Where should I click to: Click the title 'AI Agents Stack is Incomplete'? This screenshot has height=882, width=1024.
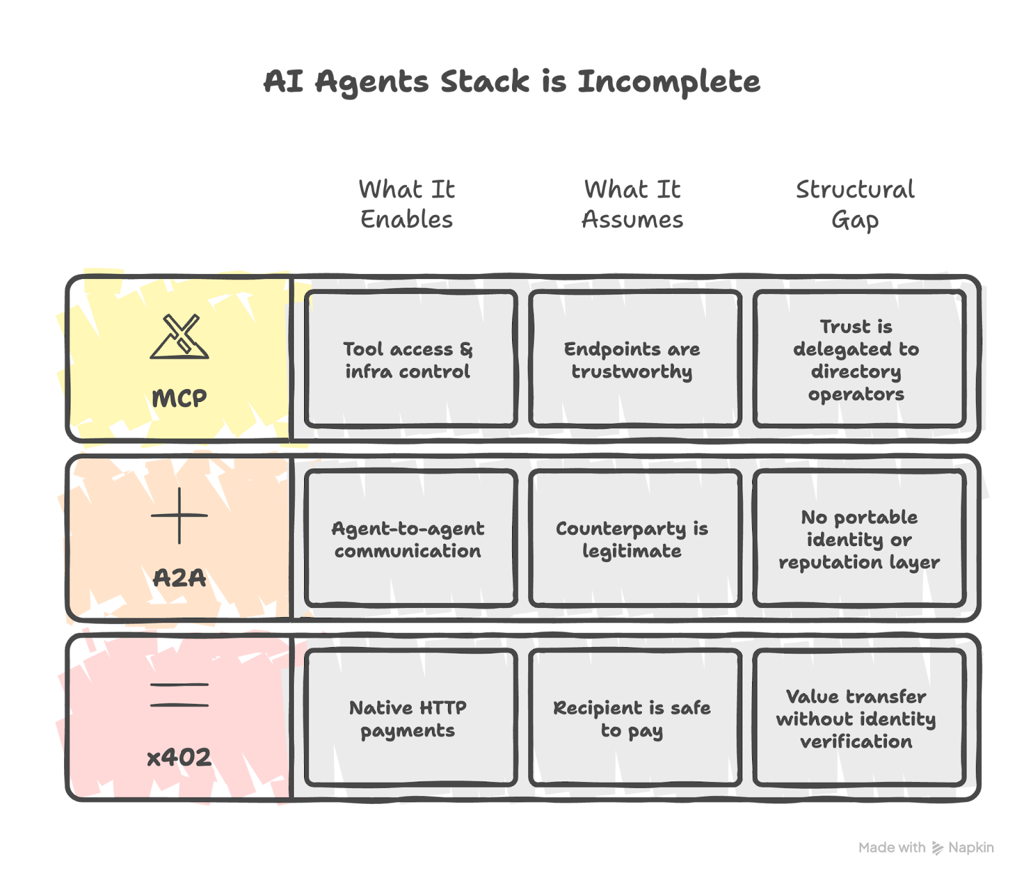tap(512, 82)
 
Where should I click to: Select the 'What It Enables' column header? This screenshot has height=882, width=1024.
tap(407, 204)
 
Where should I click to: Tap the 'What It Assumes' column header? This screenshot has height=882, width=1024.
tap(632, 204)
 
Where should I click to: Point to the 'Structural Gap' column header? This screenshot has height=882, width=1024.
tap(855, 204)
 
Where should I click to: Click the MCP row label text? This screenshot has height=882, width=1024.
tap(179, 398)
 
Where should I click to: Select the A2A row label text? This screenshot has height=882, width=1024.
tap(180, 578)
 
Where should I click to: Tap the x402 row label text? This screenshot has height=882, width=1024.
tap(179, 758)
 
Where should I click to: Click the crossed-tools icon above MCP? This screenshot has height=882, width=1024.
tap(180, 337)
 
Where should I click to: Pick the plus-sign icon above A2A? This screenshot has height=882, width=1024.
tap(180, 515)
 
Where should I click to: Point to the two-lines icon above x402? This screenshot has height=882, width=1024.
tap(180, 695)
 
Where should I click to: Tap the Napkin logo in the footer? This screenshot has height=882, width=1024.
tap(938, 848)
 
